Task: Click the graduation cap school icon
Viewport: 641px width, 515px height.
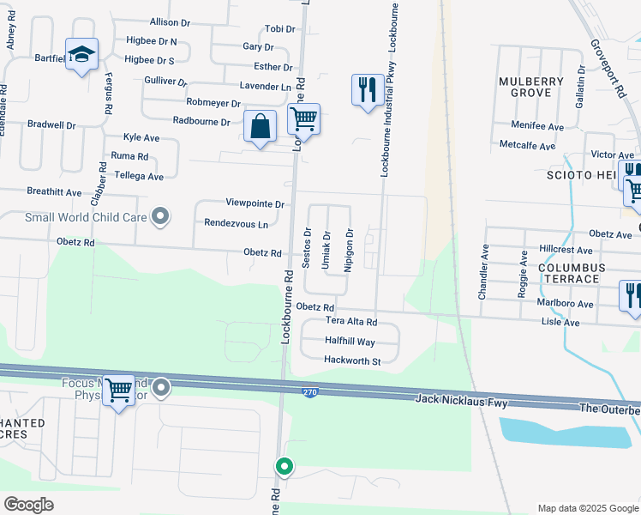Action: (81, 54)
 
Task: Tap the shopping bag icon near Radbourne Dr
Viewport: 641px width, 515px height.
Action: (260, 126)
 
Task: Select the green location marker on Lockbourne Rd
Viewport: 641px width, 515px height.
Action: (285, 466)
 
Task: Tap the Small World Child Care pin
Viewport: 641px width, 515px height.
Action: (159, 217)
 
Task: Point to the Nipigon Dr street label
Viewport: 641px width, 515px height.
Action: (349, 250)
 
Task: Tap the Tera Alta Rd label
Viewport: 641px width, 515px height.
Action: (351, 322)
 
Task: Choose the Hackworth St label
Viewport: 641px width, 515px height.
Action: (351, 361)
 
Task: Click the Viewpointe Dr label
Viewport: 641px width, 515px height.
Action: (255, 203)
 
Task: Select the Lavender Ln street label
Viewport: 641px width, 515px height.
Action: (264, 87)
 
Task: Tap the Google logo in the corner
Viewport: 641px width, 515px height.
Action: (28, 504)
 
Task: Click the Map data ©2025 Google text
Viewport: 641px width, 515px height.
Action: (587, 508)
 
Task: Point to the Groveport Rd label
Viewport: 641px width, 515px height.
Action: (608, 64)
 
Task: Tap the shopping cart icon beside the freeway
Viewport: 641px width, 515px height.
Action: (118, 391)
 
